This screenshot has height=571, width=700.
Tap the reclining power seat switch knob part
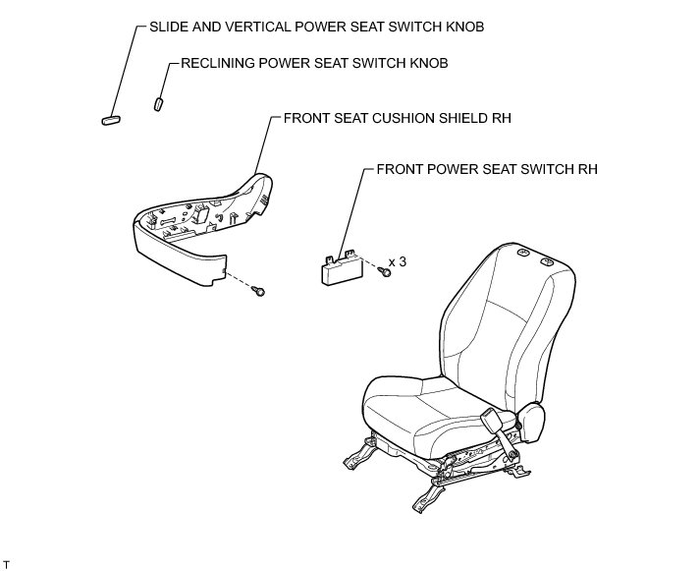pos(158,102)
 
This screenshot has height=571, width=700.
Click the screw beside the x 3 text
pos(385,272)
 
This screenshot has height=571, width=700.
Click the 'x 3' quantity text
pos(399,262)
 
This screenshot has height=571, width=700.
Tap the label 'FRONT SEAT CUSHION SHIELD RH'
pos(398,118)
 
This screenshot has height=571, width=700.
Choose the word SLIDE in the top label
pos(170,27)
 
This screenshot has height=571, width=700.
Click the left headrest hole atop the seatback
pos(520,257)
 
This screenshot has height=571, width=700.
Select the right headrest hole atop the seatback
pos(546,261)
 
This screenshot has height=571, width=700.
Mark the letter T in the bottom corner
pos(7,563)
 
